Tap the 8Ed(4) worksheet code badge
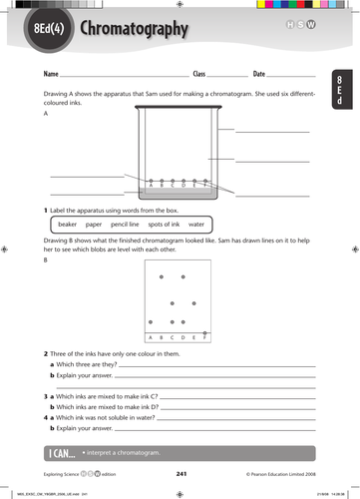(47, 30)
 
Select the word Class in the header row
(198, 75)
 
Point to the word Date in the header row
(259, 75)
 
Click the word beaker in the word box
(61, 225)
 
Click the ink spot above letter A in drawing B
(150, 320)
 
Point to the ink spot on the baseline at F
(205, 332)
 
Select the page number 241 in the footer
(180, 473)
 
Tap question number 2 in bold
(46, 353)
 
